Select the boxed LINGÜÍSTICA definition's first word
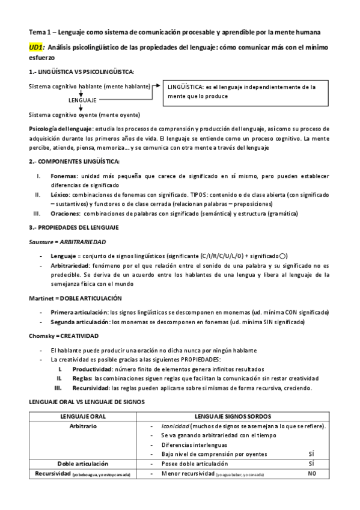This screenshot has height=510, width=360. tap(188, 87)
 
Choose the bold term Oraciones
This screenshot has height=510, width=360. tap(66, 214)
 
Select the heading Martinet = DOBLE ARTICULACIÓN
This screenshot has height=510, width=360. tap(75, 298)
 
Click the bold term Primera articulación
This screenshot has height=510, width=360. tap(79, 312)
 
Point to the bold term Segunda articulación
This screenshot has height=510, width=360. tap(80, 322)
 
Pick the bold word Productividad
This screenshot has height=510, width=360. tap(92, 369)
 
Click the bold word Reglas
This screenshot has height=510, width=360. tap(82, 378)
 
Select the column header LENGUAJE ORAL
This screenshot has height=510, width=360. tap(84, 416)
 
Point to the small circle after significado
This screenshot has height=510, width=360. tap(283, 256)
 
